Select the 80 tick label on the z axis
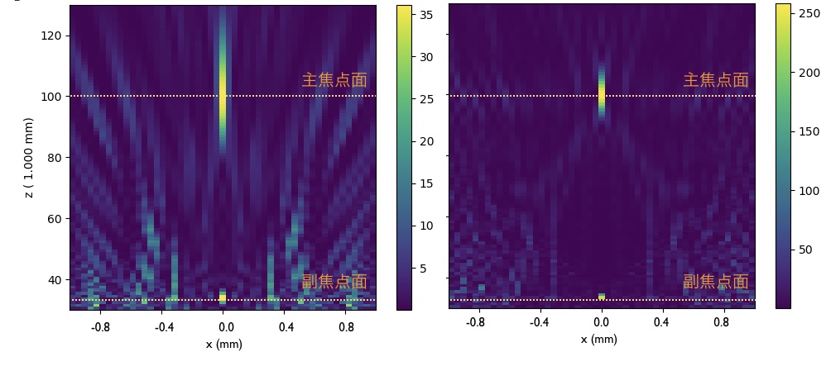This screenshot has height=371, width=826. click(x=55, y=157)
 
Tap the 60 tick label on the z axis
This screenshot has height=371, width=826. click(x=55, y=218)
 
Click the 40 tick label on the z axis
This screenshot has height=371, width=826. click(x=55, y=279)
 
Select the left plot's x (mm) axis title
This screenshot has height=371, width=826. click(x=223, y=345)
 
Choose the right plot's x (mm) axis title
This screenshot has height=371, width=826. click(x=598, y=340)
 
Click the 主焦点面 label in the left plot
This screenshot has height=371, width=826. click(x=334, y=80)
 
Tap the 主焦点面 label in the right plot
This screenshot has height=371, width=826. click(x=715, y=80)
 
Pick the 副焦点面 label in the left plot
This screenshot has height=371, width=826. click(x=334, y=282)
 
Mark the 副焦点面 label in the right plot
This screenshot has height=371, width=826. click(x=715, y=282)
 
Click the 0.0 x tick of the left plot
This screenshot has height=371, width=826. click(x=223, y=326)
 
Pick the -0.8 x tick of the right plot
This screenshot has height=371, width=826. click(x=476, y=322)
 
